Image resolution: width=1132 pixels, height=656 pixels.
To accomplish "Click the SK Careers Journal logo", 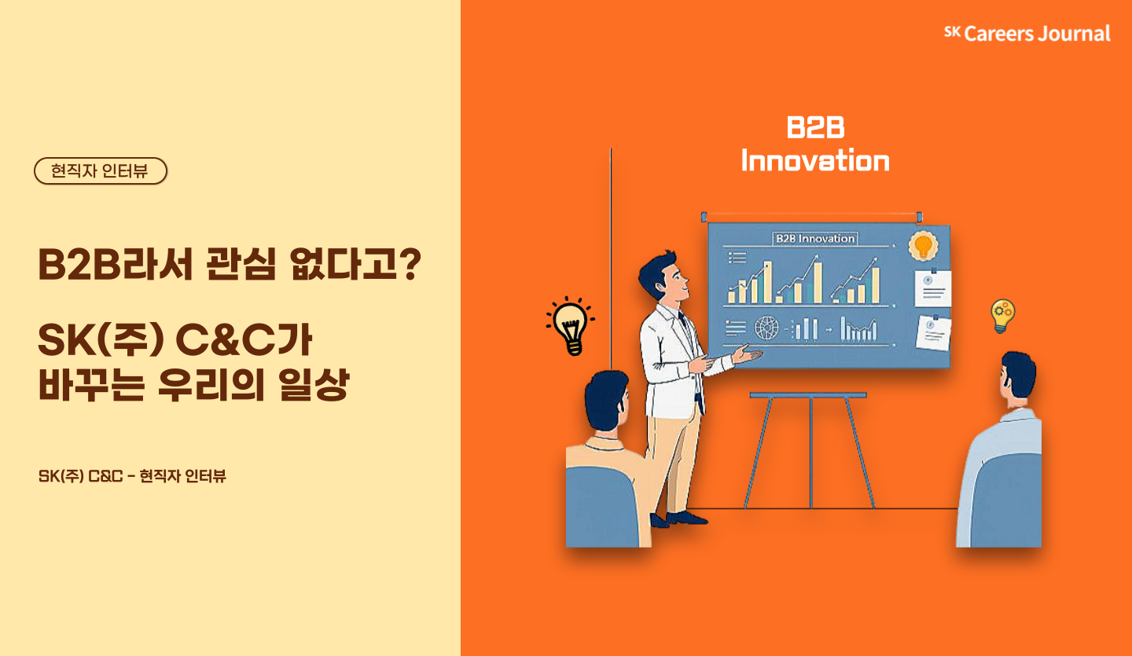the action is click(x=1027, y=33).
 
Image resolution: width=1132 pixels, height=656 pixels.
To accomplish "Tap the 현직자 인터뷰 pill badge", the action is click(x=101, y=170).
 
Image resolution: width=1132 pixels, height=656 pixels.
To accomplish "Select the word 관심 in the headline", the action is click(x=241, y=264).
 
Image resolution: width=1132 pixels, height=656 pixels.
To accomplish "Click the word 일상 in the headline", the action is click(x=314, y=384).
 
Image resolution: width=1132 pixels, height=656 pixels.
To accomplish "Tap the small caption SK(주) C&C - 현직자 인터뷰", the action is click(x=132, y=476).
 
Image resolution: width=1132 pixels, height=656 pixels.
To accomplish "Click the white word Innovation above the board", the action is click(x=815, y=160).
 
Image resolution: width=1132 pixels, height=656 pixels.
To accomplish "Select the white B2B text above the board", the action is click(x=815, y=127).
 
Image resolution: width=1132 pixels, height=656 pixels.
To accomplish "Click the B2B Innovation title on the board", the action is click(x=815, y=238).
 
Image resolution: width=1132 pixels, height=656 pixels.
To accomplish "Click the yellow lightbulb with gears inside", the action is click(x=1002, y=316).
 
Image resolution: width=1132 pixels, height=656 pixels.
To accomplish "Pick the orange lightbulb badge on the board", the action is click(x=923, y=246).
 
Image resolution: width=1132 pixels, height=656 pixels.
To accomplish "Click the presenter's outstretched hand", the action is click(x=748, y=354).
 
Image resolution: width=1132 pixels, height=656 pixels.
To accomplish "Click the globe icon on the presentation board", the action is click(x=766, y=328).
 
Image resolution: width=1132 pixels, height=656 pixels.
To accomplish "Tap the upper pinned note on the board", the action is click(x=932, y=288).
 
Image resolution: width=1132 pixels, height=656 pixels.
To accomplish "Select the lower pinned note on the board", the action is click(x=933, y=333).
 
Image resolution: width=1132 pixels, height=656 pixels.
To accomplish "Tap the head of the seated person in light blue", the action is click(x=1017, y=379).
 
